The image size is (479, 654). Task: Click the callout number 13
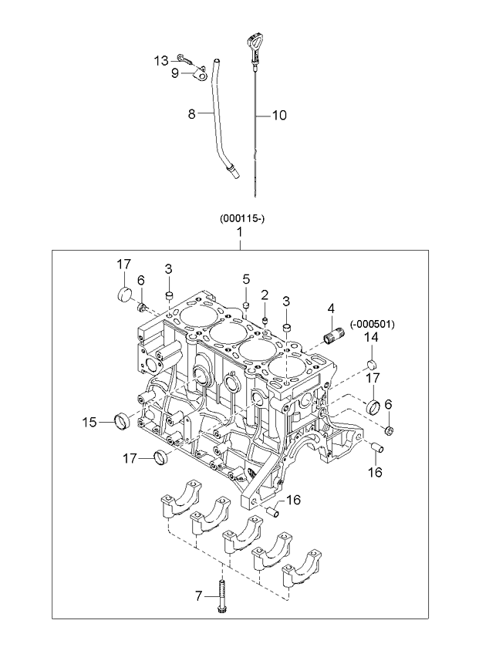point(160,60)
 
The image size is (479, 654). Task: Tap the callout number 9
point(175,73)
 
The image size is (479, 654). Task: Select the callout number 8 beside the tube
point(191,114)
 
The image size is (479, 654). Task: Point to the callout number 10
point(278,116)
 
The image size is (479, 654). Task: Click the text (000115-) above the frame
point(242,218)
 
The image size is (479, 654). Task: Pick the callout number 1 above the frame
point(240,231)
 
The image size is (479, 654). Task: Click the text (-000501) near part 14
point(373,325)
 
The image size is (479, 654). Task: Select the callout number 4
point(331,308)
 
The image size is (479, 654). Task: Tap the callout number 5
point(246,278)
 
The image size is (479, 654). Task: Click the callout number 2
point(264,295)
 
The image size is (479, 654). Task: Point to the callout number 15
point(89,422)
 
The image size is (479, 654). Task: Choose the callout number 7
point(198,595)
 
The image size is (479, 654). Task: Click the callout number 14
point(371,338)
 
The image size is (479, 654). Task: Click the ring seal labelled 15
point(120,420)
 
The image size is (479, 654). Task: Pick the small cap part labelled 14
point(371,363)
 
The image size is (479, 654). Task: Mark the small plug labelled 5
point(246,305)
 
